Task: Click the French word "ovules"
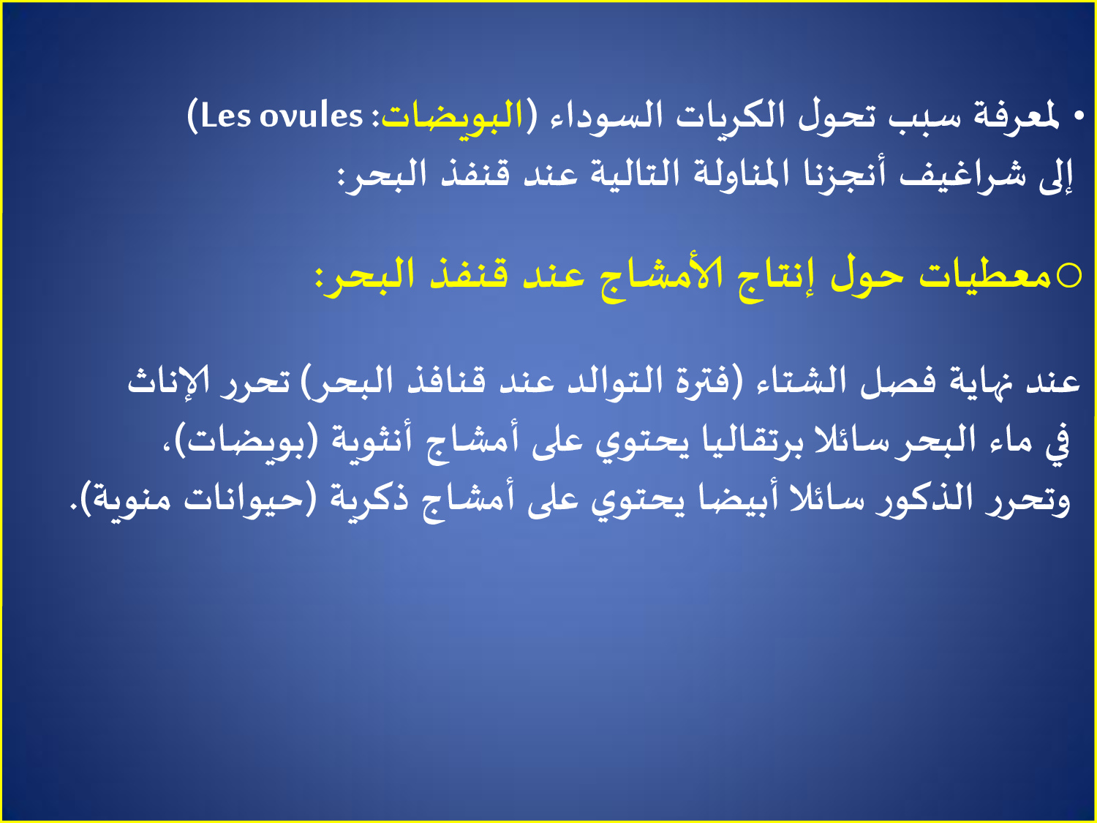311,117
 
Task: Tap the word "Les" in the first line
225,117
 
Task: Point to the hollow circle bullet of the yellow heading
1069,275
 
